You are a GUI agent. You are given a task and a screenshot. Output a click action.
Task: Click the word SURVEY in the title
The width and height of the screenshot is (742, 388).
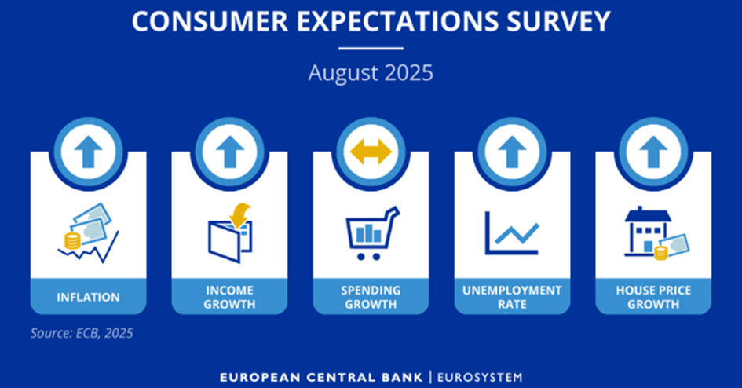[x=558, y=21]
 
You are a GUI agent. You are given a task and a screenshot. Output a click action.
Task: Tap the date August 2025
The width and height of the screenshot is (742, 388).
[x=371, y=73]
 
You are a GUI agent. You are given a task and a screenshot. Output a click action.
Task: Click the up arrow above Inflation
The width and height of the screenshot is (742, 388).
[x=89, y=152]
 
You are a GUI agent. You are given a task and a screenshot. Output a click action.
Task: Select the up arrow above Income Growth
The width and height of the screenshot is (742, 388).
[x=229, y=152]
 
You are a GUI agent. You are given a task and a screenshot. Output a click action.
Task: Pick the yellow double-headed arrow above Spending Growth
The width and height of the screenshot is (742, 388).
[x=371, y=152]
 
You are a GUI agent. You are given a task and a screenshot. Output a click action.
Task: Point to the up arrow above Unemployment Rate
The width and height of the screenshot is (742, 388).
[x=512, y=152]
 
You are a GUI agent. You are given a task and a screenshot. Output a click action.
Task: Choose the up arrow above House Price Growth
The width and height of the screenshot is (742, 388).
[x=653, y=152]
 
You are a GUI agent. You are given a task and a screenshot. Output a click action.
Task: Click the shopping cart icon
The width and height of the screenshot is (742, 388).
[x=373, y=233]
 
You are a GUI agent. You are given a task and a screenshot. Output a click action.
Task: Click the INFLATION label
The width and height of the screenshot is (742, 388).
[x=89, y=297]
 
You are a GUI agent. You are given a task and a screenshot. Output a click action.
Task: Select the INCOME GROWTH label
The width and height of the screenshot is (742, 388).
[x=229, y=297]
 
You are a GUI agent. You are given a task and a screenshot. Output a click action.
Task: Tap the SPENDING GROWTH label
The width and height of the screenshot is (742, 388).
[x=371, y=297]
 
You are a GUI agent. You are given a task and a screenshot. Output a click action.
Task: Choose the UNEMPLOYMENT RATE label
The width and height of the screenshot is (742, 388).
[x=512, y=297]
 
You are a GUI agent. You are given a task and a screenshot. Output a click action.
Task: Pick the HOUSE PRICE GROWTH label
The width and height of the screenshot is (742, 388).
[x=653, y=297]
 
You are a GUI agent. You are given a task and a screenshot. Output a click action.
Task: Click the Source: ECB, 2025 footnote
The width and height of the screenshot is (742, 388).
[x=82, y=333]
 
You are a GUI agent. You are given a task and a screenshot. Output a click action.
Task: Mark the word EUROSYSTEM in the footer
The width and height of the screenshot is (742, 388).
[x=480, y=378]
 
